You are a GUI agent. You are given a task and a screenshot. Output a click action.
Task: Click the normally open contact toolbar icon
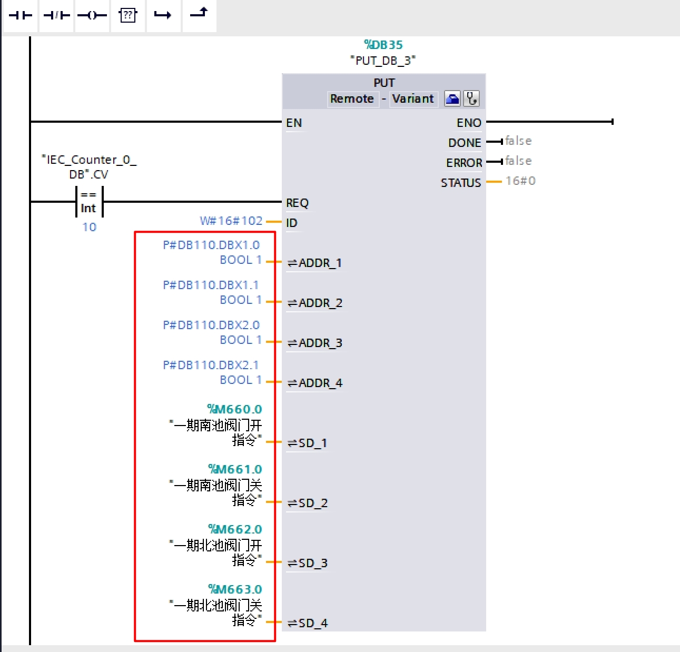[x=20, y=15]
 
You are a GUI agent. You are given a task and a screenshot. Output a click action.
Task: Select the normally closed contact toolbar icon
[x=56, y=15]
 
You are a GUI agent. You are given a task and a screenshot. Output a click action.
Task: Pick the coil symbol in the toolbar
[x=92, y=15]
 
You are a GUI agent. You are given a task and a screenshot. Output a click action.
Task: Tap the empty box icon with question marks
[x=128, y=15]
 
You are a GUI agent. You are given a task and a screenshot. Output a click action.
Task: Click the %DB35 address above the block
[x=383, y=45]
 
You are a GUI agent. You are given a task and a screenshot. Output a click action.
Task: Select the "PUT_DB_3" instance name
[x=383, y=61]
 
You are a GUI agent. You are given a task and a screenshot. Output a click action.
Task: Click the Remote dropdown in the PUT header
[x=352, y=99]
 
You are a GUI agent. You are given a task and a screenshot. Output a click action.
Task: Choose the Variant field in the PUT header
[x=413, y=99]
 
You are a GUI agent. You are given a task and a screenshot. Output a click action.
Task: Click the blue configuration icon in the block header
[x=452, y=99]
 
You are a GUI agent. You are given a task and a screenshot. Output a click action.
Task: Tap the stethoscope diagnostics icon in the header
[x=471, y=99]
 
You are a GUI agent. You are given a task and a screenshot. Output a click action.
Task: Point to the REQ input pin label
[x=298, y=203]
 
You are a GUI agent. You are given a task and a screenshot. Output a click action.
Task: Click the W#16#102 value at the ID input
[x=231, y=221]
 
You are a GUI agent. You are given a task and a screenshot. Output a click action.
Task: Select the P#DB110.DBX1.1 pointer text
[x=211, y=285]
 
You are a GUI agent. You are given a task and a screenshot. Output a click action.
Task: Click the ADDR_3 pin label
[x=314, y=343]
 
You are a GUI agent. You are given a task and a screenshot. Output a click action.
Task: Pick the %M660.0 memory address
[x=234, y=409]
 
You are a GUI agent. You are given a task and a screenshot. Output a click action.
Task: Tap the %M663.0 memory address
[x=235, y=589]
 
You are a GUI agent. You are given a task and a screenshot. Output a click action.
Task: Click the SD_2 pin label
[x=307, y=503]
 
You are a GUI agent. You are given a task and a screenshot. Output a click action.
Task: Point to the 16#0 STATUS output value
[x=520, y=181]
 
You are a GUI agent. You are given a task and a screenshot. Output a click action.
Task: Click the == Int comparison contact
[x=89, y=202]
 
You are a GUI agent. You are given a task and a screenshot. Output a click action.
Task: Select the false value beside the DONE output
[x=518, y=141]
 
